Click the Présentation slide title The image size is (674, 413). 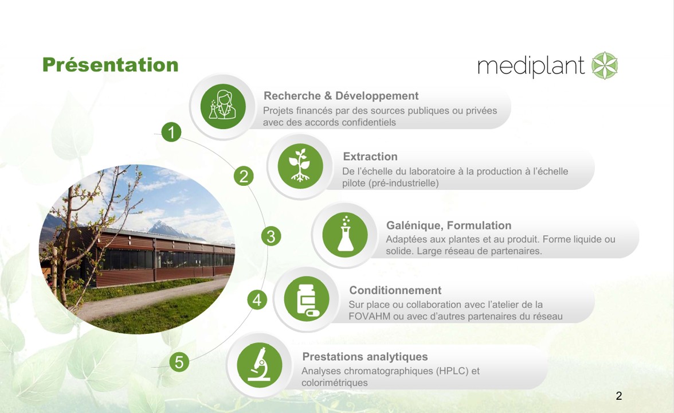[x=110, y=65]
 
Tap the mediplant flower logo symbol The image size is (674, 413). [x=604, y=65]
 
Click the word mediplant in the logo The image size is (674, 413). [x=531, y=67]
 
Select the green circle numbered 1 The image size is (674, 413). [x=171, y=132]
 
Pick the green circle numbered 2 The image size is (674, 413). [x=244, y=177]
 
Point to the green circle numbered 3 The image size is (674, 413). [x=271, y=236]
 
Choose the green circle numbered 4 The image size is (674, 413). [x=257, y=300]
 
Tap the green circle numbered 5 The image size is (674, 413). [x=179, y=363]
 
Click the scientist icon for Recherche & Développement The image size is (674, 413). [x=223, y=106]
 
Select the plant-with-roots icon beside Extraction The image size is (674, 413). [x=300, y=166]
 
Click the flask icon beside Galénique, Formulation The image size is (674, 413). [x=345, y=235]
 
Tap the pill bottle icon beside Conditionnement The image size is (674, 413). [x=307, y=299]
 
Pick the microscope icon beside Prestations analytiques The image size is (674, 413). [x=260, y=365]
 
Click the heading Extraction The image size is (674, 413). [x=370, y=157]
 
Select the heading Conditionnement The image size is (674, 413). [x=395, y=290]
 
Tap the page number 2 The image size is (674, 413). [x=619, y=396]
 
